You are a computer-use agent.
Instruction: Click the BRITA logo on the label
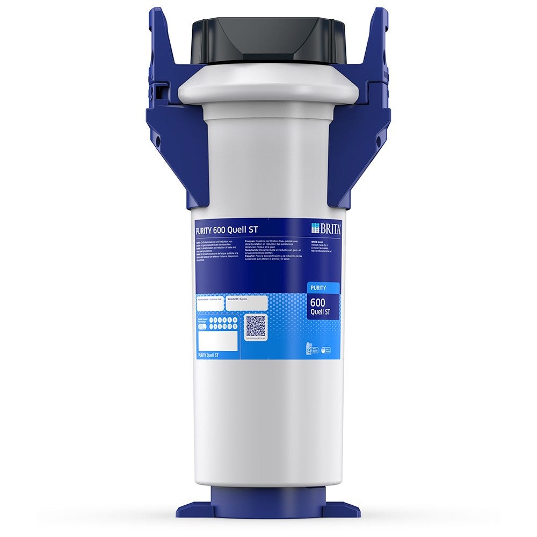coord(326,228)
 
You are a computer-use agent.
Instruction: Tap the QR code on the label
coord(256,326)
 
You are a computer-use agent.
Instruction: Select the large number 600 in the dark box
coord(318,302)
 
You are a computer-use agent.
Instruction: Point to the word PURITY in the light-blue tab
coord(318,288)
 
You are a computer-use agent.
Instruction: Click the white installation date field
coord(210,303)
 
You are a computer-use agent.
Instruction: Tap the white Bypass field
coord(246,303)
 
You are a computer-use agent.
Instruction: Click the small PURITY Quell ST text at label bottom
coord(208,355)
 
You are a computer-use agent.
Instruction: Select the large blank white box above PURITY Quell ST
coord(217,341)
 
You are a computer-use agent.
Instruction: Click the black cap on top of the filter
coord(268,40)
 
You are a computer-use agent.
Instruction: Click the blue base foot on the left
coord(193,509)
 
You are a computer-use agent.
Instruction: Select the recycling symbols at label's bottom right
coord(318,349)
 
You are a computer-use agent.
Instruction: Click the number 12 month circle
coord(235,325)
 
